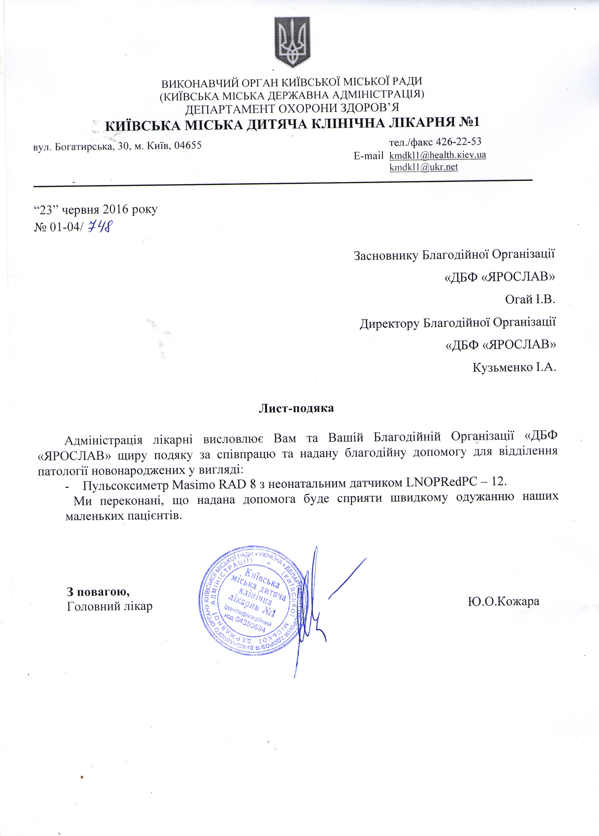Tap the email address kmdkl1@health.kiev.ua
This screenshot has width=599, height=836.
click(x=438, y=155)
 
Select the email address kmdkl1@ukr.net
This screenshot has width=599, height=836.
click(x=424, y=167)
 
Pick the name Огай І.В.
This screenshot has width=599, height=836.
click(x=530, y=299)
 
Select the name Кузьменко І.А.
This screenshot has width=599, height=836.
click(x=514, y=367)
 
